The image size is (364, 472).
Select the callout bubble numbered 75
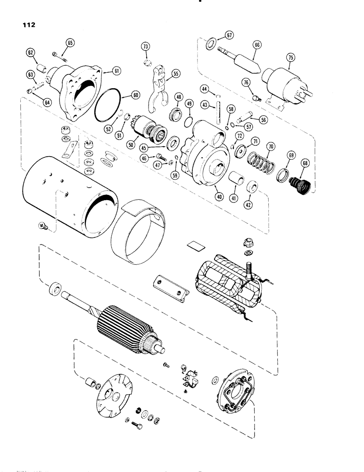pos(291,58)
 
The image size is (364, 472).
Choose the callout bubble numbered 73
pos(146,46)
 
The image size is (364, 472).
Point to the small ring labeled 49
pos(187,122)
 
